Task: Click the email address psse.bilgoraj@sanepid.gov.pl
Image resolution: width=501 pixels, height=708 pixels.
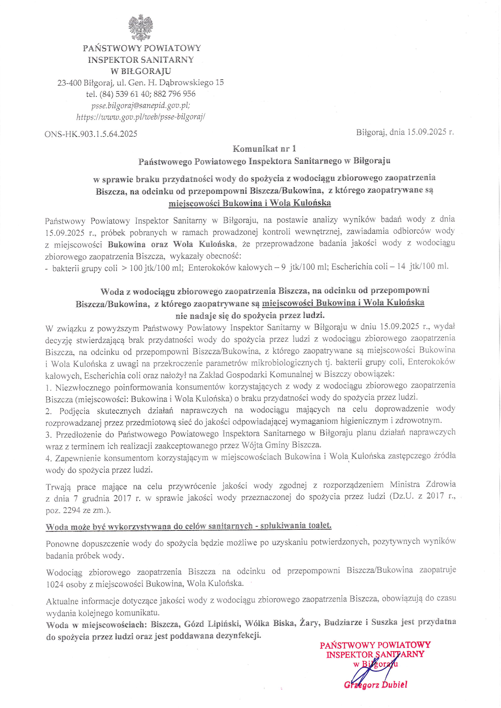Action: pyautogui.click(x=141, y=106)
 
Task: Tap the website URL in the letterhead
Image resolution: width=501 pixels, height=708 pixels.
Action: pyautogui.click(x=141, y=117)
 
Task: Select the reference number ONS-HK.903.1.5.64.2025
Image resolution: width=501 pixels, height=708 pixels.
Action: pyautogui.click(x=91, y=134)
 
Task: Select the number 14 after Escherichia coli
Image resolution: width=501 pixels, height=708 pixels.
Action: pyautogui.click(x=401, y=267)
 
